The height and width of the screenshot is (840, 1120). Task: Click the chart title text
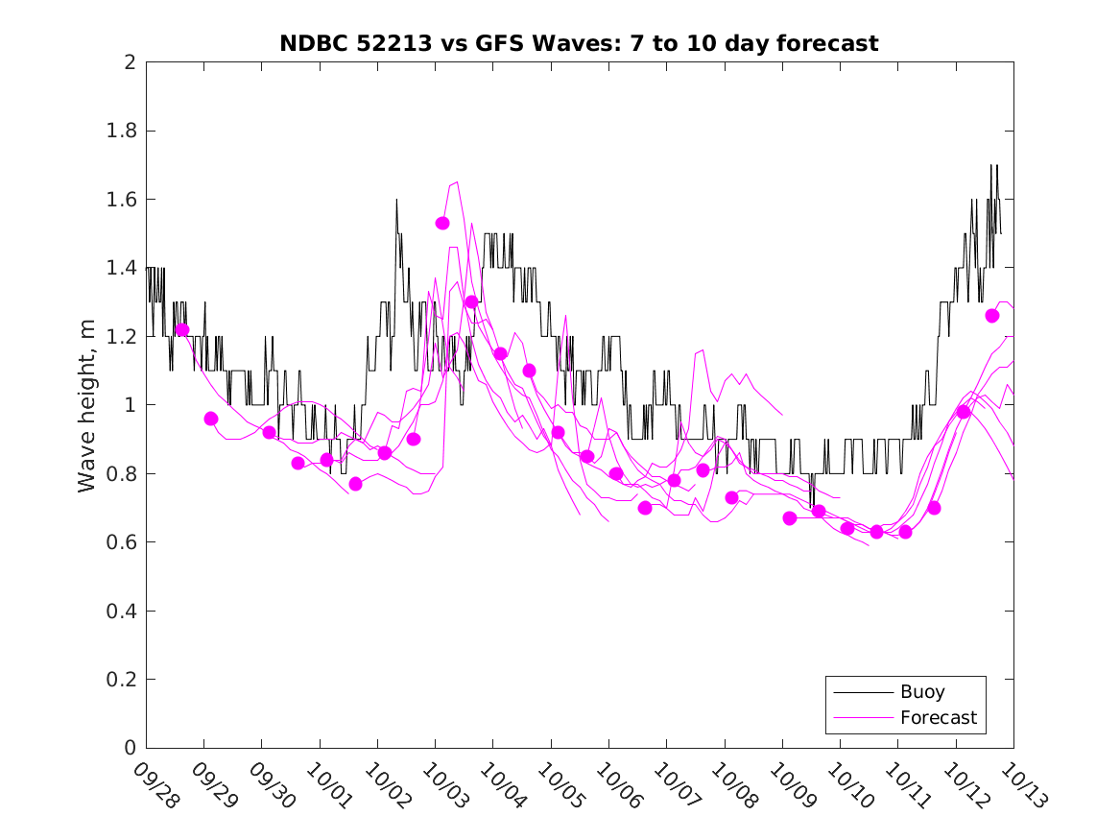click(579, 43)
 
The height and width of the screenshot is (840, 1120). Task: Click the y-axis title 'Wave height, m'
click(87, 405)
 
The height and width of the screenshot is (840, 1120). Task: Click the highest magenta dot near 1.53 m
click(442, 223)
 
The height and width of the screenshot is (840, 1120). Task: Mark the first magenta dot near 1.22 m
click(182, 330)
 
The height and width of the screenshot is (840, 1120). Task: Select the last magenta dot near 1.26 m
click(992, 316)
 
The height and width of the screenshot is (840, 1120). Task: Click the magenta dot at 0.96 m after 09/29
click(211, 419)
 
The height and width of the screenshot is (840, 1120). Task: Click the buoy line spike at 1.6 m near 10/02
click(396, 200)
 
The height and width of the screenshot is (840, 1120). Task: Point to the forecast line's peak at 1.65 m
click(456, 181)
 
